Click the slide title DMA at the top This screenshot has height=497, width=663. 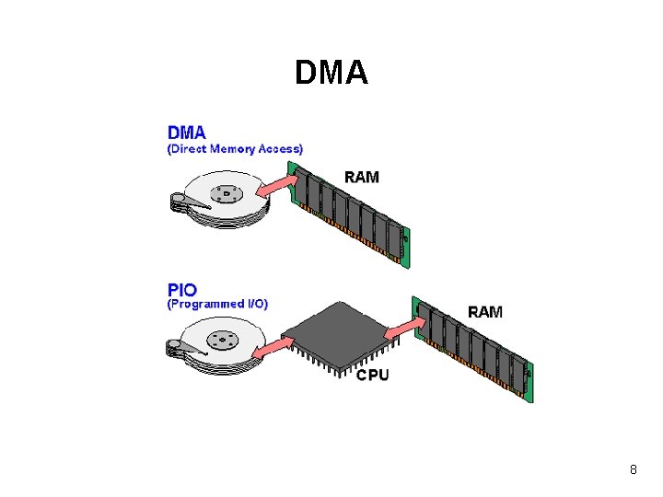(x=331, y=73)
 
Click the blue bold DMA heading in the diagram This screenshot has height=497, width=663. (x=187, y=133)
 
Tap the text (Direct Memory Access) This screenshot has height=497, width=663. (x=235, y=148)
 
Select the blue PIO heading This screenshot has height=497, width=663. (x=181, y=289)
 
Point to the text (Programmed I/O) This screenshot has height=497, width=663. (x=217, y=304)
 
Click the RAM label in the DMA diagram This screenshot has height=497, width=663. (x=362, y=176)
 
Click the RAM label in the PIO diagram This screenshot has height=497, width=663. (x=485, y=311)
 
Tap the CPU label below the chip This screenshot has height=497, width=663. (x=372, y=375)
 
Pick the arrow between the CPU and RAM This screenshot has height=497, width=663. (x=401, y=326)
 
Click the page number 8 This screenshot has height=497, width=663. (x=634, y=470)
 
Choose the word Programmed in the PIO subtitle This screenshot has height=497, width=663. (x=208, y=304)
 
